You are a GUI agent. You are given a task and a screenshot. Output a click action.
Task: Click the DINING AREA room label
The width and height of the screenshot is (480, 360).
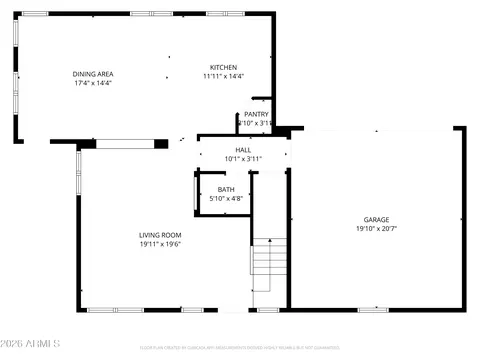tap(92, 73)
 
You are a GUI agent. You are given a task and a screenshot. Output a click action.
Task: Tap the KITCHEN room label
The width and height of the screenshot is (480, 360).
tap(223, 66)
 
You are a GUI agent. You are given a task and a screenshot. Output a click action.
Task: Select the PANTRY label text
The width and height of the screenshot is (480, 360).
tap(256, 114)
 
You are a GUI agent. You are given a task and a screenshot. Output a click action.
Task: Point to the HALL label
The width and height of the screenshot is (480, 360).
tap(243, 149)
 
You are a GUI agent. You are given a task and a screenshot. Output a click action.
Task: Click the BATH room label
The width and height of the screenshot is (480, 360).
tap(226, 189)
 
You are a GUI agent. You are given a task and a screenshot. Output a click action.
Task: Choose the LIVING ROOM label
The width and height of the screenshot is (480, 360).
tap(159, 234)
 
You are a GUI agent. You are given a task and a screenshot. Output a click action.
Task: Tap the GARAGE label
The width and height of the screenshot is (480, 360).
tap(376, 219)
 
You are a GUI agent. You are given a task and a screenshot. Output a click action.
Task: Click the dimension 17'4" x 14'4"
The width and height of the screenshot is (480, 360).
tap(92, 83)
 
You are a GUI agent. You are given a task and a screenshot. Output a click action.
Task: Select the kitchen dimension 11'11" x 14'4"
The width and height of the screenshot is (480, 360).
tap(223, 76)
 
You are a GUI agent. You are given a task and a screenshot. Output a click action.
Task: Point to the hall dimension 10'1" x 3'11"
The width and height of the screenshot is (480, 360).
tap(243, 158)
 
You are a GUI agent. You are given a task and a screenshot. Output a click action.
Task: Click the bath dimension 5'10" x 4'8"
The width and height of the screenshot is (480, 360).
tap(226, 199)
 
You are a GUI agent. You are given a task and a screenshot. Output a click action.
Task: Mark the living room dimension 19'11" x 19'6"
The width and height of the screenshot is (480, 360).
tap(159, 243)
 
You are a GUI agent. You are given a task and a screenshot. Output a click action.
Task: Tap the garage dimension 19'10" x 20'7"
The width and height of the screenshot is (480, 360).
tap(376, 228)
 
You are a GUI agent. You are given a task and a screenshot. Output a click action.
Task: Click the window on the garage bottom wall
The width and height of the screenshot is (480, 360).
tap(372, 310)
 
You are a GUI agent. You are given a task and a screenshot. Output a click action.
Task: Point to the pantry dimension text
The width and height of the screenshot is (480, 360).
tap(255, 123)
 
